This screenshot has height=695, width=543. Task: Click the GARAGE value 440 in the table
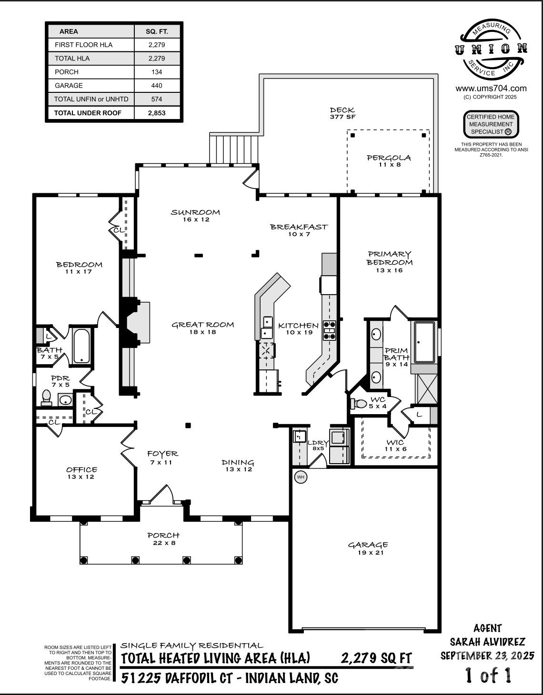point(157,86)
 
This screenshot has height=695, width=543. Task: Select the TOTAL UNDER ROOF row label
point(88,113)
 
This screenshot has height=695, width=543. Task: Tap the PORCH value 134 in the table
point(157,72)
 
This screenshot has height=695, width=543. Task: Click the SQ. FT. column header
point(157,31)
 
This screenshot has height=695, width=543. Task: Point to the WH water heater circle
point(301,477)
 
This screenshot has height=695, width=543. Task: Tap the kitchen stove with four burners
point(329,330)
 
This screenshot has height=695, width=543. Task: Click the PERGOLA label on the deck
point(389,158)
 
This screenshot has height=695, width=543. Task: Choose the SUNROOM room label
point(195,212)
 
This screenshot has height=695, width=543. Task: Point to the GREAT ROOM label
point(202,325)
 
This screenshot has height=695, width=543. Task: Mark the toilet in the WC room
point(359,404)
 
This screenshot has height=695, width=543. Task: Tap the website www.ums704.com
point(491,88)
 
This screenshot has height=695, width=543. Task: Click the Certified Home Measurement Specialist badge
point(491,124)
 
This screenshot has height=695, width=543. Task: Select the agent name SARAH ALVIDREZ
point(487,642)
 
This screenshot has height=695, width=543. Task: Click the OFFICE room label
point(81,470)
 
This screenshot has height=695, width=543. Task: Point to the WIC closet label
point(395,443)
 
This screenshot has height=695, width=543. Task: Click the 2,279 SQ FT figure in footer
point(376,658)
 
